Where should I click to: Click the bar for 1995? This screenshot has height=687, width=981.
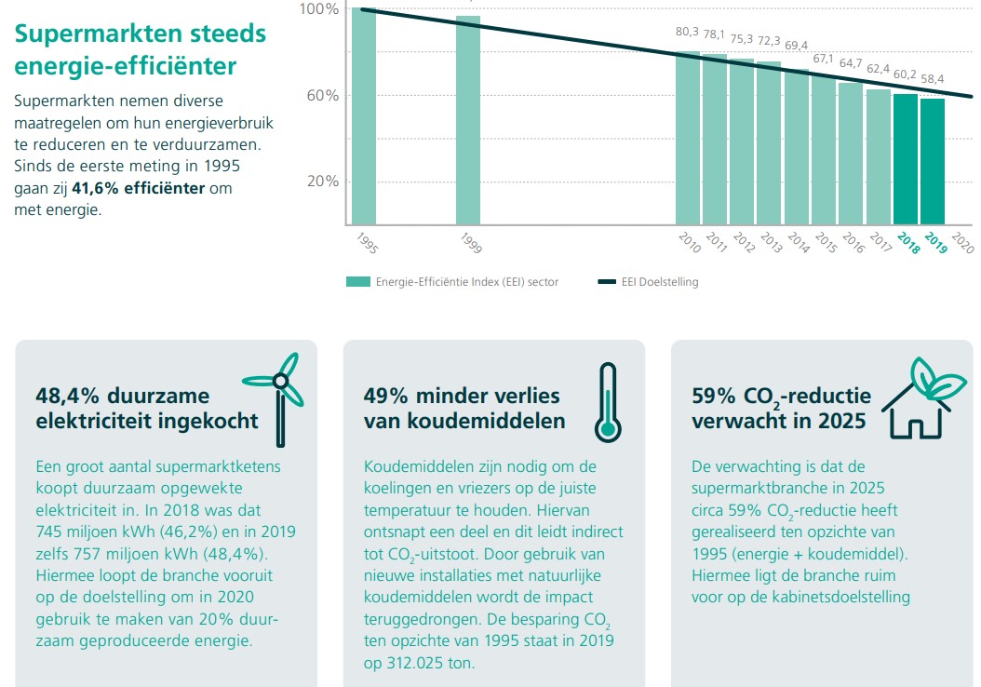[x=364, y=116]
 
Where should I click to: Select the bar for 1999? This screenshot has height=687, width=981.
[x=468, y=121]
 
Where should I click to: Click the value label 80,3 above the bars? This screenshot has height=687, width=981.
[x=687, y=33]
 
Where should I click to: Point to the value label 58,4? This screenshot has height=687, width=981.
[x=933, y=78]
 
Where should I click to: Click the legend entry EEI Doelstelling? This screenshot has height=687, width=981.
[x=660, y=281]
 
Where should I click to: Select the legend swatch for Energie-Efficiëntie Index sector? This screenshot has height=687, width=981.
[x=357, y=281]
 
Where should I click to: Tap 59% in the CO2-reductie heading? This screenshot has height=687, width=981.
[x=712, y=396]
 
